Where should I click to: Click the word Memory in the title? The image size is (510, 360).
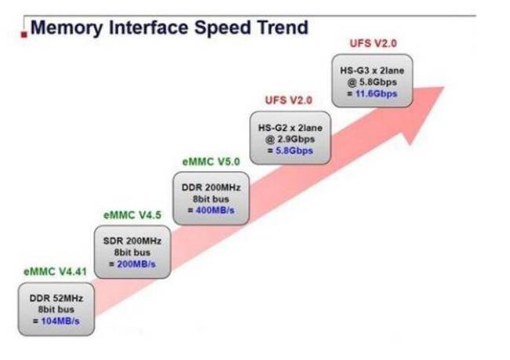(x=67, y=28)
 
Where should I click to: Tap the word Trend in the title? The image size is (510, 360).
(x=282, y=27)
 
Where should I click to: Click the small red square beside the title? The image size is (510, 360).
(x=24, y=35)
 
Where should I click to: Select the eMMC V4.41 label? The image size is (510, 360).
(x=55, y=271)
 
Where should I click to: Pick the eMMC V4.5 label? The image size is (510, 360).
(x=132, y=215)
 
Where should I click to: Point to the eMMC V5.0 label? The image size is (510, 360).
(x=211, y=162)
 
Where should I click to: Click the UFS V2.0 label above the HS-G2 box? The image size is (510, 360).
(x=289, y=100)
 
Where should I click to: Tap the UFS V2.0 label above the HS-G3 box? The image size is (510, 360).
(x=373, y=43)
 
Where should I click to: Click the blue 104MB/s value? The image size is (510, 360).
(x=60, y=322)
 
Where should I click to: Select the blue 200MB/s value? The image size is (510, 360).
(x=137, y=264)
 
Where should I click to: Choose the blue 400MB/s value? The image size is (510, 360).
(x=215, y=210)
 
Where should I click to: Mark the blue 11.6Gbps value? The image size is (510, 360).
(x=377, y=94)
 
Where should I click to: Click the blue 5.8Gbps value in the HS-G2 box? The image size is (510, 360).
(x=294, y=151)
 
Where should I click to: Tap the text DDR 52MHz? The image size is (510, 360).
(x=56, y=298)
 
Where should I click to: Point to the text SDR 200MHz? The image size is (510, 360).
(x=133, y=241)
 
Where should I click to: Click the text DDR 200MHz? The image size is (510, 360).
(x=211, y=187)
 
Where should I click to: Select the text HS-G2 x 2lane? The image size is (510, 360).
(x=290, y=128)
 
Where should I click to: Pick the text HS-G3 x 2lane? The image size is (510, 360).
(x=372, y=71)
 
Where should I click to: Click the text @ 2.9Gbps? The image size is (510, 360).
(x=290, y=140)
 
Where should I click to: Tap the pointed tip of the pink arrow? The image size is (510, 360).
(x=443, y=87)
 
